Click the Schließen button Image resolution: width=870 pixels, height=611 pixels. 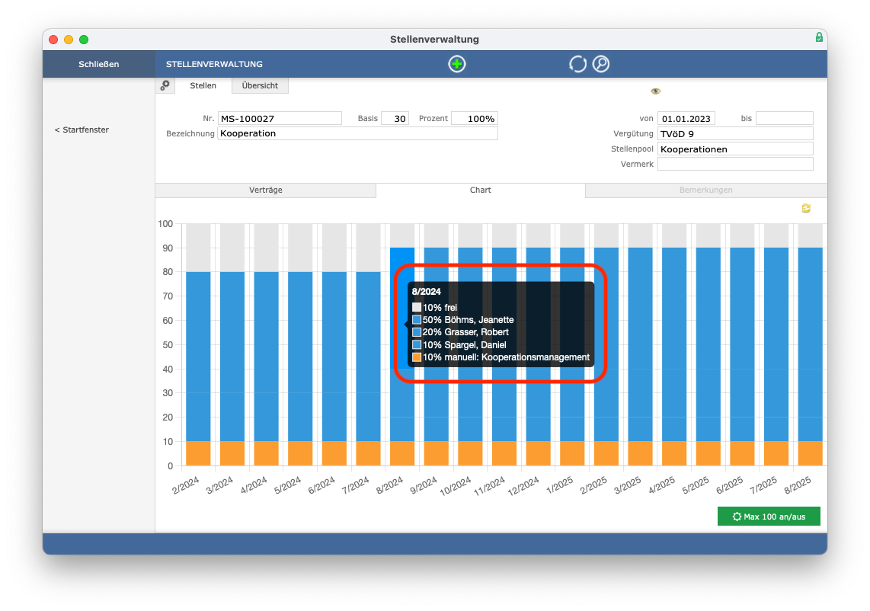click(99, 64)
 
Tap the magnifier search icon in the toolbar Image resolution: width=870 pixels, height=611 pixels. click(601, 64)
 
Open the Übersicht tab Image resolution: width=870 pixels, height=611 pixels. click(260, 85)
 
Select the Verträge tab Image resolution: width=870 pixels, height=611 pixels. click(266, 190)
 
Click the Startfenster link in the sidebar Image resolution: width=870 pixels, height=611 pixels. click(82, 130)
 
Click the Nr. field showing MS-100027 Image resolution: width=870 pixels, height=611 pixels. click(280, 118)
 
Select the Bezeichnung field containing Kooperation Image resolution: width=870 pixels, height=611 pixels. click(357, 133)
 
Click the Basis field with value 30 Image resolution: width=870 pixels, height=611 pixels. click(395, 118)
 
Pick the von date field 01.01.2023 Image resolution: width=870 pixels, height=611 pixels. click(686, 118)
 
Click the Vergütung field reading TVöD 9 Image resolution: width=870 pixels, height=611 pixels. click(735, 134)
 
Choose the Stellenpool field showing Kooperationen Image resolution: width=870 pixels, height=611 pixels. click(735, 149)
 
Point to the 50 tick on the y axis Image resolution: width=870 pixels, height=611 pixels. click(168, 344)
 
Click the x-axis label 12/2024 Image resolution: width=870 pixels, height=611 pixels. click(523, 486)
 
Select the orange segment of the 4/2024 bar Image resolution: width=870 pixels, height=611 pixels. click(267, 453)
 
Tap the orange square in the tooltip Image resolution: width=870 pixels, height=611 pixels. click(417, 357)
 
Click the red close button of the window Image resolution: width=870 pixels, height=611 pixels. click(53, 40)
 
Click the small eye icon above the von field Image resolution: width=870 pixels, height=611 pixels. click(656, 91)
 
